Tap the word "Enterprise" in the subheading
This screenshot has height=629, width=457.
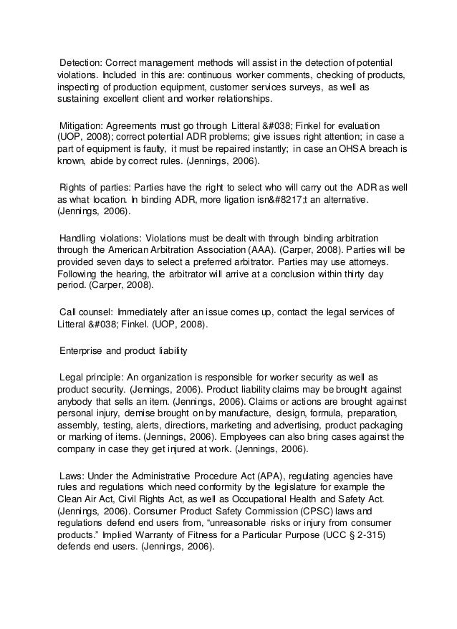click(x=85, y=350)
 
